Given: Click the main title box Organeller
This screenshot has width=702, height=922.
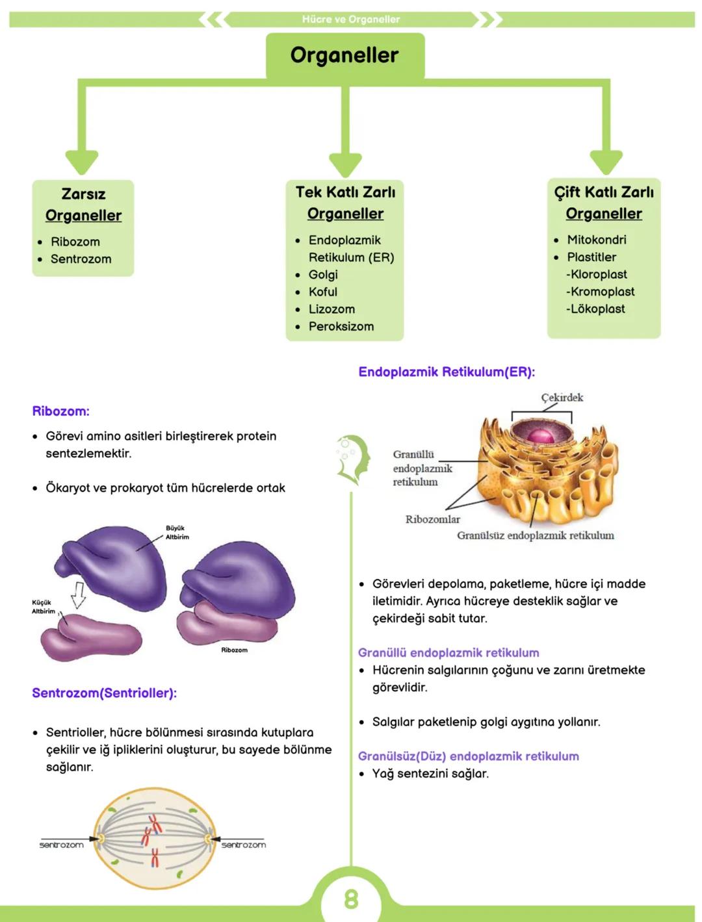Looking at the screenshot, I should click(x=344, y=55).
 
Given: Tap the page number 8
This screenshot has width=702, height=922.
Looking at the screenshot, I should click(x=351, y=899).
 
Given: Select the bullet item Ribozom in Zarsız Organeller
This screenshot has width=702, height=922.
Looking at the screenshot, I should click(x=75, y=242).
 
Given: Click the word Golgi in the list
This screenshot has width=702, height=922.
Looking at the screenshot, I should click(x=323, y=275).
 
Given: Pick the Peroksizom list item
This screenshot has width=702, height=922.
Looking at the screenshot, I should click(x=341, y=326).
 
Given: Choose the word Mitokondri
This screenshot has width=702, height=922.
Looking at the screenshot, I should click(x=596, y=240).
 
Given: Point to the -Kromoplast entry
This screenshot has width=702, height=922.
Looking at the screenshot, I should click(x=600, y=292).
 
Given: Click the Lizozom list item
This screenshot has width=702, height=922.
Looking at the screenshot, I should click(x=331, y=309).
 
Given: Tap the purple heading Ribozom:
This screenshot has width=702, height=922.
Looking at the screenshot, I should click(x=60, y=411).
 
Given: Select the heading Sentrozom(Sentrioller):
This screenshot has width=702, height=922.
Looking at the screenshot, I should click(x=104, y=693).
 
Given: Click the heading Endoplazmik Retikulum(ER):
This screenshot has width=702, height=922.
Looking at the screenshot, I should click(x=447, y=372).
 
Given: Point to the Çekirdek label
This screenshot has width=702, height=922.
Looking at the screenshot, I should click(x=562, y=398).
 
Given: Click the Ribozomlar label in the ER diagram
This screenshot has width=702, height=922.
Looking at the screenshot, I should click(x=432, y=519).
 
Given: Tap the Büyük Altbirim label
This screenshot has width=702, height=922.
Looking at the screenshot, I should click(x=177, y=533).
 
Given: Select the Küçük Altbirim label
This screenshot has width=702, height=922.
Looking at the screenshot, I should click(x=43, y=607).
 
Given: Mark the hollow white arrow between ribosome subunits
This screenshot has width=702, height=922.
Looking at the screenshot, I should click(x=78, y=594).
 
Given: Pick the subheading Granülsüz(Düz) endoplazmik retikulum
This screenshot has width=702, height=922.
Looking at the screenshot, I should click(x=468, y=756).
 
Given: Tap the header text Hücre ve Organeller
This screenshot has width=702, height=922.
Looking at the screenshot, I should click(x=351, y=19).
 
